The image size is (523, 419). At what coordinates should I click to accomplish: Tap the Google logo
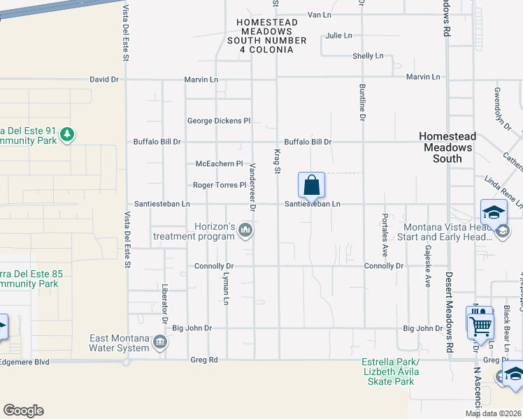tap(23, 411)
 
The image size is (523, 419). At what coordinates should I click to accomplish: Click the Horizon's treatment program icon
tap(245, 230)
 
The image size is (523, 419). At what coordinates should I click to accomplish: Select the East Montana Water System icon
tap(160, 341)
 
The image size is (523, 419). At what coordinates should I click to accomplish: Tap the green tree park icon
tap(66, 133)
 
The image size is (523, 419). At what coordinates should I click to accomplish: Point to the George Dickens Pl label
tap(218, 121)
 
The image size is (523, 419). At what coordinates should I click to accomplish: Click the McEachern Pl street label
tap(218, 164)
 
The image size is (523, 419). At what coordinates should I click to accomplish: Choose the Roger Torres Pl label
tap(220, 186)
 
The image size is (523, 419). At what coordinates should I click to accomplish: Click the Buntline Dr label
tap(362, 103)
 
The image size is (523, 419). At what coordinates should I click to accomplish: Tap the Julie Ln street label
tap(338, 36)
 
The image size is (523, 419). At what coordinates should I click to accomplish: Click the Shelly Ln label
tap(368, 56)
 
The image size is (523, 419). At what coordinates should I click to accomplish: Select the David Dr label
tap(104, 80)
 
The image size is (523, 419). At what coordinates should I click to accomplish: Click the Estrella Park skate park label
tap(390, 372)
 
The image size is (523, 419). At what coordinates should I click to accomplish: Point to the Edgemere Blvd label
tap(25, 361)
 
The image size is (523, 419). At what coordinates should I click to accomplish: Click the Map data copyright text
tap(493, 413)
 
